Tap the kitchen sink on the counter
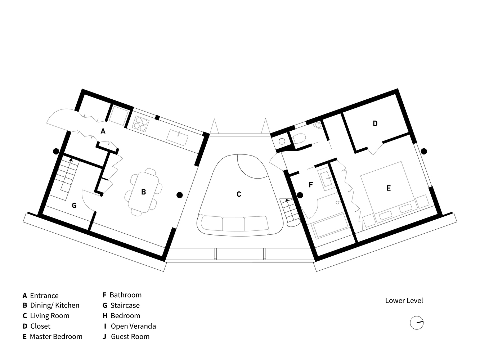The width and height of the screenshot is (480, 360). (178, 138)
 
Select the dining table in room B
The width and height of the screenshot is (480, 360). (143, 192)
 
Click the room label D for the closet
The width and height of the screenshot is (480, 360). (375, 123)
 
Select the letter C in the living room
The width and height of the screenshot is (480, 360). (239, 194)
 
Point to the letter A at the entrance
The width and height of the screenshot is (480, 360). (103, 131)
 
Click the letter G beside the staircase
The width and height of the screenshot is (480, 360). (74, 206)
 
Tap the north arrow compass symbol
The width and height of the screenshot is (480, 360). (417, 323)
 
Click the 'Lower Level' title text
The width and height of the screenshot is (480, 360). (404, 301)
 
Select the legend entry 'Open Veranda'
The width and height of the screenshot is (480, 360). (133, 326)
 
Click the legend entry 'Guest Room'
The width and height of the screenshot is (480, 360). (130, 337)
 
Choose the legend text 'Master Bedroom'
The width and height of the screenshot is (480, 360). (56, 337)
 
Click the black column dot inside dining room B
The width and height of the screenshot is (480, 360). (180, 195)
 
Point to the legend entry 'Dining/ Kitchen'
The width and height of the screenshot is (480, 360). (55, 305)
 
